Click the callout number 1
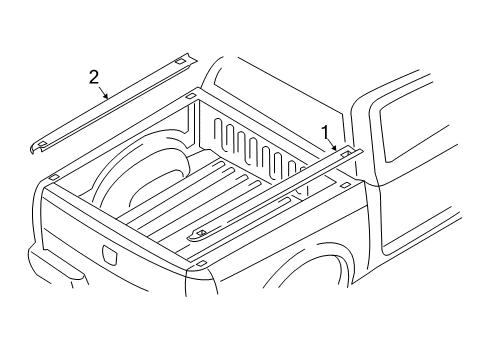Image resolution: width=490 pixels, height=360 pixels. [324, 130]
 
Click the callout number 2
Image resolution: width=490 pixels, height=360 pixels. [95, 76]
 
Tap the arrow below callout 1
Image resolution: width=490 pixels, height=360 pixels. [333, 145]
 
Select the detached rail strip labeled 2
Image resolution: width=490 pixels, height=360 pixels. [110, 105]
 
